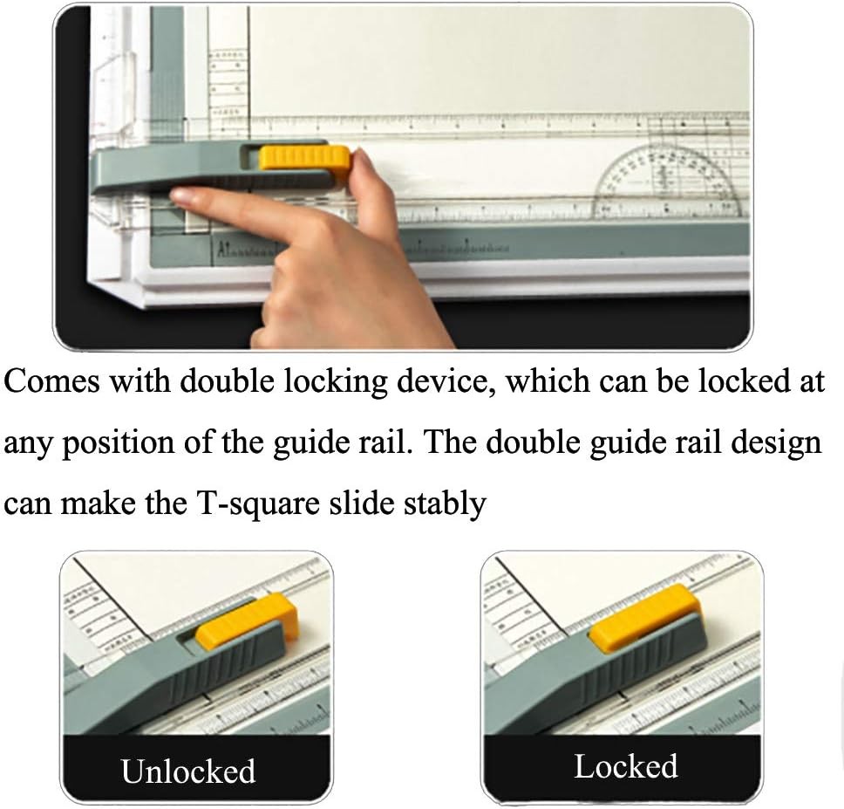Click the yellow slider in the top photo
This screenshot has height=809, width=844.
[304, 159]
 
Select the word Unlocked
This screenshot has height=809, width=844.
[188, 771]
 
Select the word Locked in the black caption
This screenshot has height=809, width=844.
[625, 766]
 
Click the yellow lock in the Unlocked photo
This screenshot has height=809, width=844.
[247, 622]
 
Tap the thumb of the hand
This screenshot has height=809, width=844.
[366, 175]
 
